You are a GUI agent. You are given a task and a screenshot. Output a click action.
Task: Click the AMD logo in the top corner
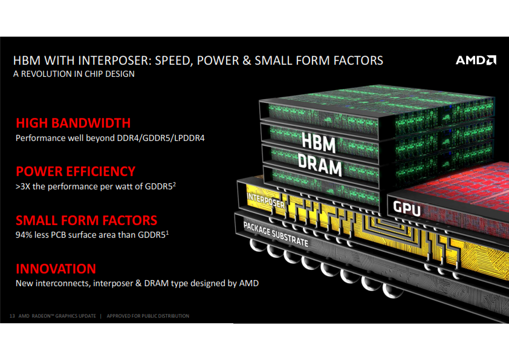tap(476, 60)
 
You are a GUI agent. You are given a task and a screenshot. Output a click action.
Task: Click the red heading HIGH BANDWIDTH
tap(73, 123)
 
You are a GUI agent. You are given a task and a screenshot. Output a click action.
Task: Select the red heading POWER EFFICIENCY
tap(76, 172)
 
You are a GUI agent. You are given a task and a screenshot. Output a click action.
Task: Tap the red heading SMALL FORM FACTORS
tap(86, 220)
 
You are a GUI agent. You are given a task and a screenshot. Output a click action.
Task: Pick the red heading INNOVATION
tap(56, 269)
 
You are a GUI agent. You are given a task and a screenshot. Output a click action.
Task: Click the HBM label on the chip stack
tap(319, 142)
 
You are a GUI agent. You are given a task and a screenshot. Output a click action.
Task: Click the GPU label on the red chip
tap(407, 208)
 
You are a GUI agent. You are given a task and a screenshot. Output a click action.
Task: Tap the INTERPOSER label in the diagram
tap(265, 200)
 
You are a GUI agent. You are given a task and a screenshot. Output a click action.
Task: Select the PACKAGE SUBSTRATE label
tap(276, 234)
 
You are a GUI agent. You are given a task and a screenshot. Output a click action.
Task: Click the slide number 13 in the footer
tap(12, 316)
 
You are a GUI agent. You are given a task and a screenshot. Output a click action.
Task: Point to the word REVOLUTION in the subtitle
tap(47, 74)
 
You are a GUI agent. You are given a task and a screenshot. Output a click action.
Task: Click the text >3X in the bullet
tap(23, 186)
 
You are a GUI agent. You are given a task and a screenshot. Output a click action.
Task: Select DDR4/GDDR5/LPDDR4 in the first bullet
tap(161, 139)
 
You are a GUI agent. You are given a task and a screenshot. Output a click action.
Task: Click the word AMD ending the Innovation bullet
tap(249, 283)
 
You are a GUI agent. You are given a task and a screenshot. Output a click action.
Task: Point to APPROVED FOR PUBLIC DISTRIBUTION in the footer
tap(148, 316)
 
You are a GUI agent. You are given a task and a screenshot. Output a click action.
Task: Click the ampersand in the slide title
tap(247, 61)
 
